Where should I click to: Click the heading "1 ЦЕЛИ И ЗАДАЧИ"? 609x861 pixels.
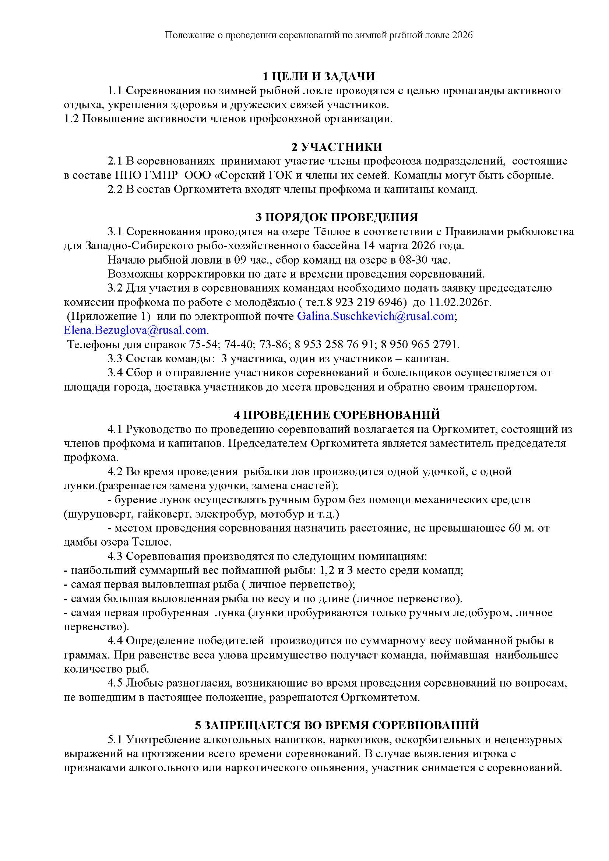click(x=318, y=77)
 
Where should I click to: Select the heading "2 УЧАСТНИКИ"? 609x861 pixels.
click(x=337, y=147)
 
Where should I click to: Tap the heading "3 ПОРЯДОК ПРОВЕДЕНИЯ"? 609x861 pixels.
click(x=337, y=218)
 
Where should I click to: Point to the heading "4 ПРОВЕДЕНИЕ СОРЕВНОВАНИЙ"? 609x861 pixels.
click(x=337, y=415)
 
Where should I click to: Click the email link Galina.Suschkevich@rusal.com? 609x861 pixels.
click(x=375, y=316)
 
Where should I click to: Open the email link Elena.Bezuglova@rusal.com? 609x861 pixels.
click(x=135, y=330)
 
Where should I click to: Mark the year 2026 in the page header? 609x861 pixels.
click(x=462, y=35)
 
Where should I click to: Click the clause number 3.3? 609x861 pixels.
click(x=115, y=359)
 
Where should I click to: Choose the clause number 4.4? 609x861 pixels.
click(x=115, y=641)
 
